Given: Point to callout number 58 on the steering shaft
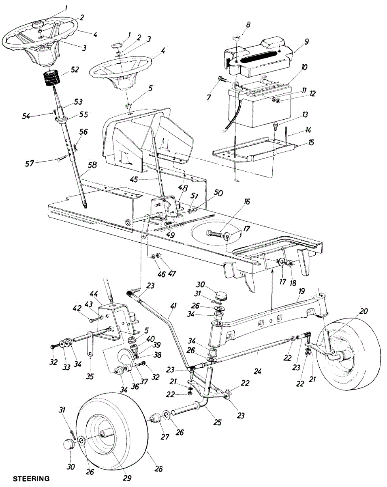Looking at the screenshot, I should tap(92, 165).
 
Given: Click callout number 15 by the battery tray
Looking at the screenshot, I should tap(311, 143).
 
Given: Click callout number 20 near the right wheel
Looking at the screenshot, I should tap(364, 311).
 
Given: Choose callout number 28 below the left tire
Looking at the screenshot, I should tap(158, 469).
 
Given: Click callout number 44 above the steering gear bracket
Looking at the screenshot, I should tap(94, 293).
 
